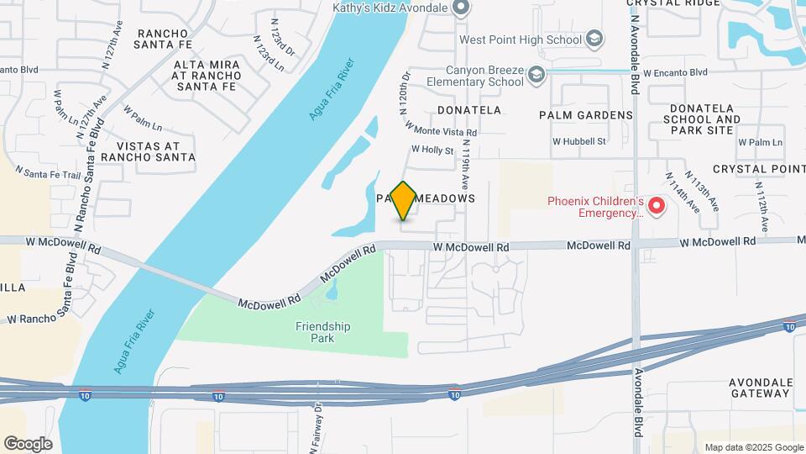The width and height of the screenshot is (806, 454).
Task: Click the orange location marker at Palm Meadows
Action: tap(404, 200)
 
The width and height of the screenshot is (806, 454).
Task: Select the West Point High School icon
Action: tap(594, 39)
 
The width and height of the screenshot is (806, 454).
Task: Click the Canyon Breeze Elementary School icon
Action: tap(535, 77)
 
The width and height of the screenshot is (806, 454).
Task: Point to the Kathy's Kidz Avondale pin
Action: tap(460, 8)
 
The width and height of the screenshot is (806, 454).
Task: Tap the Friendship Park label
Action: tap(322, 332)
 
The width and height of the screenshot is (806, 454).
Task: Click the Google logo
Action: tap(28, 443)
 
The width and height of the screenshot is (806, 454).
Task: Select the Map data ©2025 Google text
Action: tap(754, 447)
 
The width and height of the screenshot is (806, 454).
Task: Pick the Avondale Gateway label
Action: tap(761, 387)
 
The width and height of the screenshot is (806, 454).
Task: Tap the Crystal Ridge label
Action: tap(673, 3)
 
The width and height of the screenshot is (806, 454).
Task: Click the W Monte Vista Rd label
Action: tap(441, 129)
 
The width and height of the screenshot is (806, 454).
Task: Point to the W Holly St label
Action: tap(432, 150)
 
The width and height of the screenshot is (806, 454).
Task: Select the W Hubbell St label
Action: tap(578, 141)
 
